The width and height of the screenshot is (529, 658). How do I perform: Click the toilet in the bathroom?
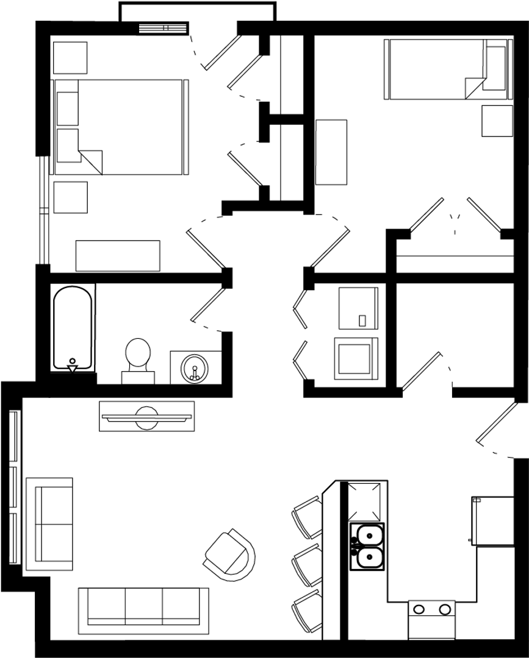(x=138, y=359)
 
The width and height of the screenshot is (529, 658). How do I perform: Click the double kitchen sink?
(x=367, y=546)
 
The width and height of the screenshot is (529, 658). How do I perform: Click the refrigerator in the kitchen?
(x=492, y=521)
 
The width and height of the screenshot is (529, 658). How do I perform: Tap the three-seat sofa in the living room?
(x=143, y=606)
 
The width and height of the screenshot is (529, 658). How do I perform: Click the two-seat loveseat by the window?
(x=50, y=524)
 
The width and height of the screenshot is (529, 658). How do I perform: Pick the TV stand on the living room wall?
(x=146, y=416)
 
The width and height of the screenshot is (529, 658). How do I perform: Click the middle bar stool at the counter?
(x=308, y=564)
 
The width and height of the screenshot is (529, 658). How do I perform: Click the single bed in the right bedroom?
(x=446, y=69)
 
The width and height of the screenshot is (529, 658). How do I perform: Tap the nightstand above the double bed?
(x=70, y=58)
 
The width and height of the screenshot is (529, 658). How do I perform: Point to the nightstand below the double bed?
(x=70, y=197)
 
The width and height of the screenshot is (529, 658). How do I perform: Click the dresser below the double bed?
(x=118, y=255)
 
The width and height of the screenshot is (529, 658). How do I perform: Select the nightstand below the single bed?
(x=497, y=121)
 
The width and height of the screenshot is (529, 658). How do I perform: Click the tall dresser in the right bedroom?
(x=331, y=152)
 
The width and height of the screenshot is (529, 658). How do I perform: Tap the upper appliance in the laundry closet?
(x=358, y=308)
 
